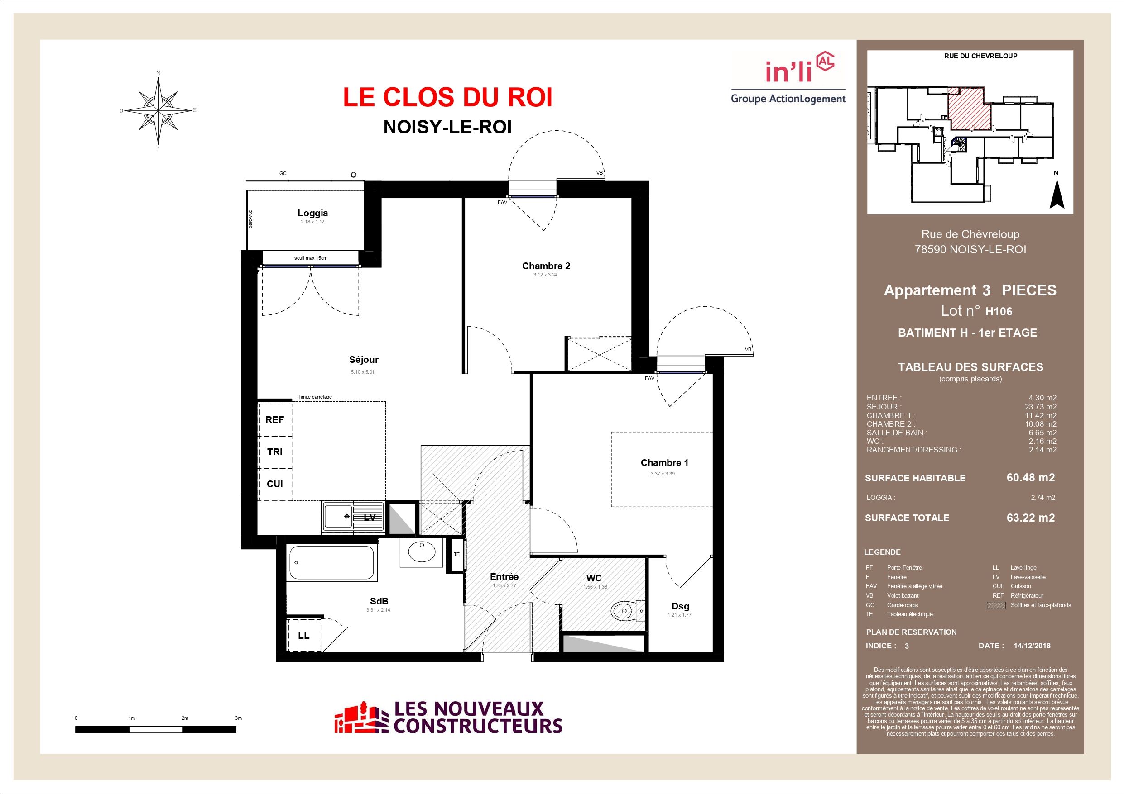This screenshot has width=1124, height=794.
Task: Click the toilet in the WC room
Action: (x=627, y=611)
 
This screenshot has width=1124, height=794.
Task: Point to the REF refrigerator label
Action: (x=274, y=420)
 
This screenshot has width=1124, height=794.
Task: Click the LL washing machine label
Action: (x=303, y=636)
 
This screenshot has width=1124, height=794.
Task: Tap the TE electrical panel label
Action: (x=457, y=554)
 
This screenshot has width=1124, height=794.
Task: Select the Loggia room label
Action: (x=313, y=213)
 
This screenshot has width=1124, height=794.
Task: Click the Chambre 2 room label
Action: (x=546, y=266)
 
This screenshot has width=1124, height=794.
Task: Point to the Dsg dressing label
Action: (x=680, y=606)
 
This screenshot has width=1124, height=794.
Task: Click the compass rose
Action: (x=158, y=110)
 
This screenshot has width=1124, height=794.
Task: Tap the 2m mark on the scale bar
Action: (x=185, y=718)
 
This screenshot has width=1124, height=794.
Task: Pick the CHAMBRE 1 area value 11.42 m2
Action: (x=1041, y=415)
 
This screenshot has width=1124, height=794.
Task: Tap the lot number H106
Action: (x=999, y=311)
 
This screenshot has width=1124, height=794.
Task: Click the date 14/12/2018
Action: (x=1032, y=646)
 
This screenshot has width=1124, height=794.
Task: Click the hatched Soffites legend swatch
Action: (x=996, y=605)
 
